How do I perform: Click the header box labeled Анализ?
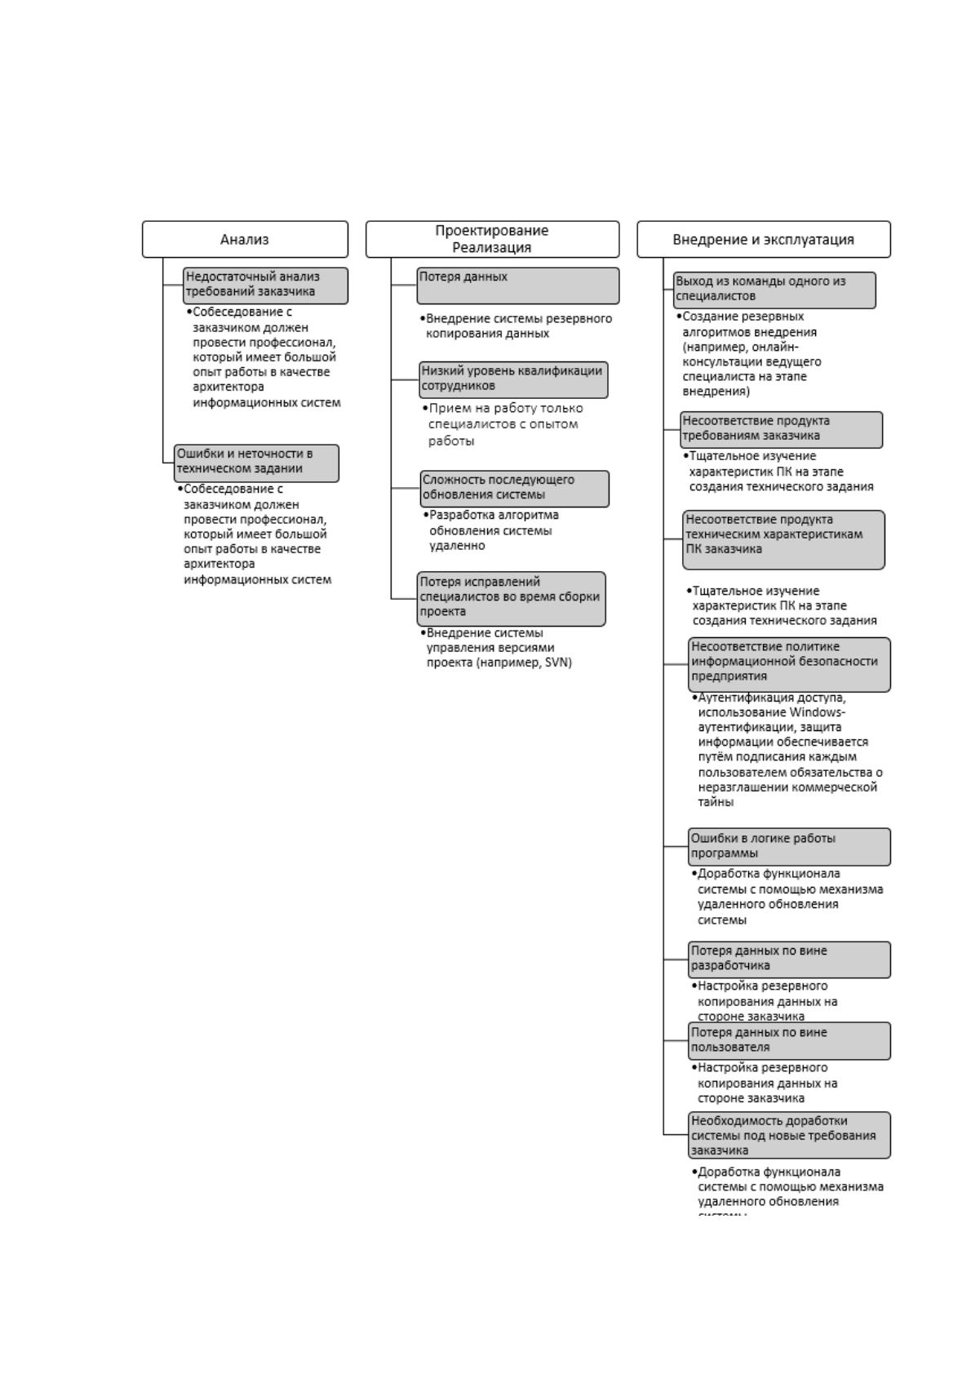(245, 239)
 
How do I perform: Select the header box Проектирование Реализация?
(492, 239)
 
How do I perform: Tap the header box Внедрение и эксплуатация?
(763, 239)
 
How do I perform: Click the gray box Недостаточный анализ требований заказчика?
(265, 286)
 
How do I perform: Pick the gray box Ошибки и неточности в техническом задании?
(256, 463)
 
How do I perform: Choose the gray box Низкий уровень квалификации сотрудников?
(513, 379)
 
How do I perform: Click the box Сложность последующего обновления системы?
(515, 489)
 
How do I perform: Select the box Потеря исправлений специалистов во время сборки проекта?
(511, 599)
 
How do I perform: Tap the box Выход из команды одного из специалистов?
(774, 290)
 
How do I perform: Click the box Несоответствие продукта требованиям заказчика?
(782, 430)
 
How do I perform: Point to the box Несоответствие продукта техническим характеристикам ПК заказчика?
(784, 540)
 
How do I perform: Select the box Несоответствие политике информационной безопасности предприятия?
(789, 665)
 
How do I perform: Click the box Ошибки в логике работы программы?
(789, 846)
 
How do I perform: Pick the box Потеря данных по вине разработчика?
(789, 960)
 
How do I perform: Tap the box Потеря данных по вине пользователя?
(789, 1041)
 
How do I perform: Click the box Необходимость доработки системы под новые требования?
(789, 1135)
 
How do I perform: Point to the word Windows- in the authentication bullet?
(817, 712)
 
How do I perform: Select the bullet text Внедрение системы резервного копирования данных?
(516, 326)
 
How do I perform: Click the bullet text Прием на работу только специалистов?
(503, 416)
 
